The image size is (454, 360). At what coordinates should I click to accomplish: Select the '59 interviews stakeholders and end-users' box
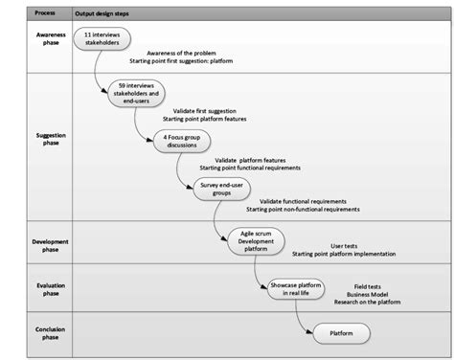pyautogui.click(x=136, y=91)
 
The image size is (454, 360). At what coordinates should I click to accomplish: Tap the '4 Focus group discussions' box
pyautogui.click(x=182, y=140)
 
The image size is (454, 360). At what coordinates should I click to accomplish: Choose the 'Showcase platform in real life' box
pyautogui.click(x=284, y=288)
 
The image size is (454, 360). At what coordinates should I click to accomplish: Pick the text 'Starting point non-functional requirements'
pyautogui.click(x=303, y=209)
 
